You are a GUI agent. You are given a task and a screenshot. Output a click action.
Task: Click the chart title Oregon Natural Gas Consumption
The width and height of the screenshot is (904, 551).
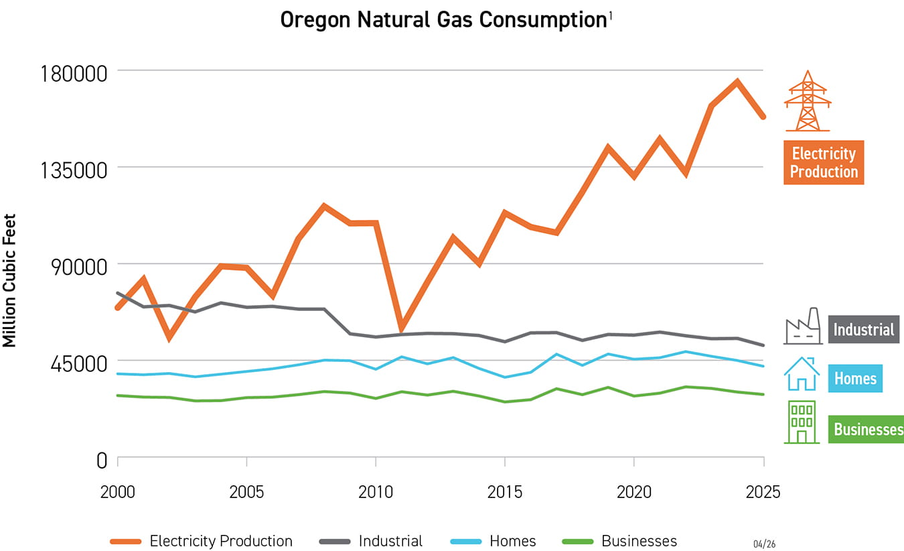point(443,20)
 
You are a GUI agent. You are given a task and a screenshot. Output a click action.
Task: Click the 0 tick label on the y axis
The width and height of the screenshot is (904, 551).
point(101,461)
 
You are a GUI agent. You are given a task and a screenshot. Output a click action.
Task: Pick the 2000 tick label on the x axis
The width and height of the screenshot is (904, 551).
point(117,492)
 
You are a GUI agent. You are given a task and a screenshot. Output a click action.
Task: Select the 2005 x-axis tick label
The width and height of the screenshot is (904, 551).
point(246,492)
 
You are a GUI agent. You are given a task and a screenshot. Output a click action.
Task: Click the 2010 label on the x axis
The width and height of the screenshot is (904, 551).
point(376,492)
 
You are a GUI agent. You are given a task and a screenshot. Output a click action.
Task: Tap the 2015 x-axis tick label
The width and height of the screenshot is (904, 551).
point(505,492)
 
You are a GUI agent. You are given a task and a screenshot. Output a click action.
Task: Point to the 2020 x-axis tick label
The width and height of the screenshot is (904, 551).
point(634,492)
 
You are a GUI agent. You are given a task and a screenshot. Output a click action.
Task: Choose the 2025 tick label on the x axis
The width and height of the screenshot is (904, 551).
point(763,492)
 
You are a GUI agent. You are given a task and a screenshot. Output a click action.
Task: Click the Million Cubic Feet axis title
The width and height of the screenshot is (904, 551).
point(9,280)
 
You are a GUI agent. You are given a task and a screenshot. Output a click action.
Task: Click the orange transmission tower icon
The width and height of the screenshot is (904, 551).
point(808,101)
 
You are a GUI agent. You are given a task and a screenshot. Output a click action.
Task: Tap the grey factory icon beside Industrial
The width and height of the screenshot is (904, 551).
point(802,326)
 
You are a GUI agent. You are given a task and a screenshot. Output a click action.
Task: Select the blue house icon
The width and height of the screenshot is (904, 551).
point(802,373)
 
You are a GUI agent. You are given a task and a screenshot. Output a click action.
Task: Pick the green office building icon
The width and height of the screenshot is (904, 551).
point(802,422)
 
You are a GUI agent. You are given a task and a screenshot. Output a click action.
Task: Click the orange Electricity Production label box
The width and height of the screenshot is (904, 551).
point(824,162)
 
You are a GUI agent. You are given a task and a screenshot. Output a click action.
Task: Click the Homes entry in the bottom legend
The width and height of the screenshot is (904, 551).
point(513,541)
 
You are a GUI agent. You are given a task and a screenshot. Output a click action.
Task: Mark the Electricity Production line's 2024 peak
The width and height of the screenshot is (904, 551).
point(737,82)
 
